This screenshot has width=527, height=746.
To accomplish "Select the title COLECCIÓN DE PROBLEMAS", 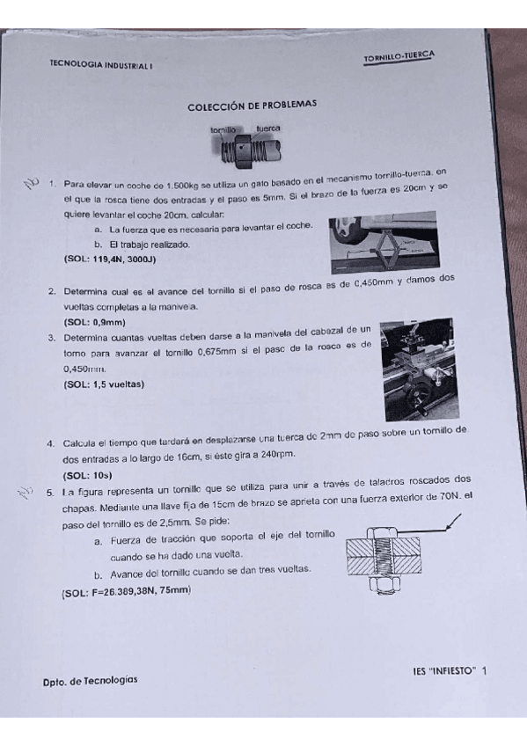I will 252,106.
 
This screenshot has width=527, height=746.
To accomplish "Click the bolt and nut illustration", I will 245,150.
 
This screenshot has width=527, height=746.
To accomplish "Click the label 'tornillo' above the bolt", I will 223,129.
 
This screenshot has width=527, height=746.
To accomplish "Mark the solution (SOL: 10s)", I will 88,474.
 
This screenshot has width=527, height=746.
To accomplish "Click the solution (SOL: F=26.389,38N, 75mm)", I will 127,591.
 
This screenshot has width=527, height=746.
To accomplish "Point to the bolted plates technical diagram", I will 403,555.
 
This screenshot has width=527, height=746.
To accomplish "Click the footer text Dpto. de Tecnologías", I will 90,680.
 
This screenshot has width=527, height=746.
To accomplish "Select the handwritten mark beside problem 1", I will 32,182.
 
